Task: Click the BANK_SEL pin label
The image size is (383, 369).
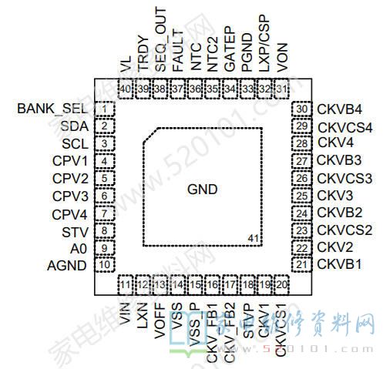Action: click(49, 108)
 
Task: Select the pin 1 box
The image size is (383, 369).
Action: click(103, 109)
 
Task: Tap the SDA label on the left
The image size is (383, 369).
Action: click(74, 126)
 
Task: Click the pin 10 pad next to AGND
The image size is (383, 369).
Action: click(103, 265)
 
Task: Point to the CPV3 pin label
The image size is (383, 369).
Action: click(69, 196)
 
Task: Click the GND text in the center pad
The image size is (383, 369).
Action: click(202, 190)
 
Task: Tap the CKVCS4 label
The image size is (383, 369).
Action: click(344, 126)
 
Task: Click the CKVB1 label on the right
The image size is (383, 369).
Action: click(340, 265)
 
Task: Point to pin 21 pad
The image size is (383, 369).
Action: click(301, 265)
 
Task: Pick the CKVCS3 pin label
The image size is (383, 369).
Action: click(344, 178)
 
